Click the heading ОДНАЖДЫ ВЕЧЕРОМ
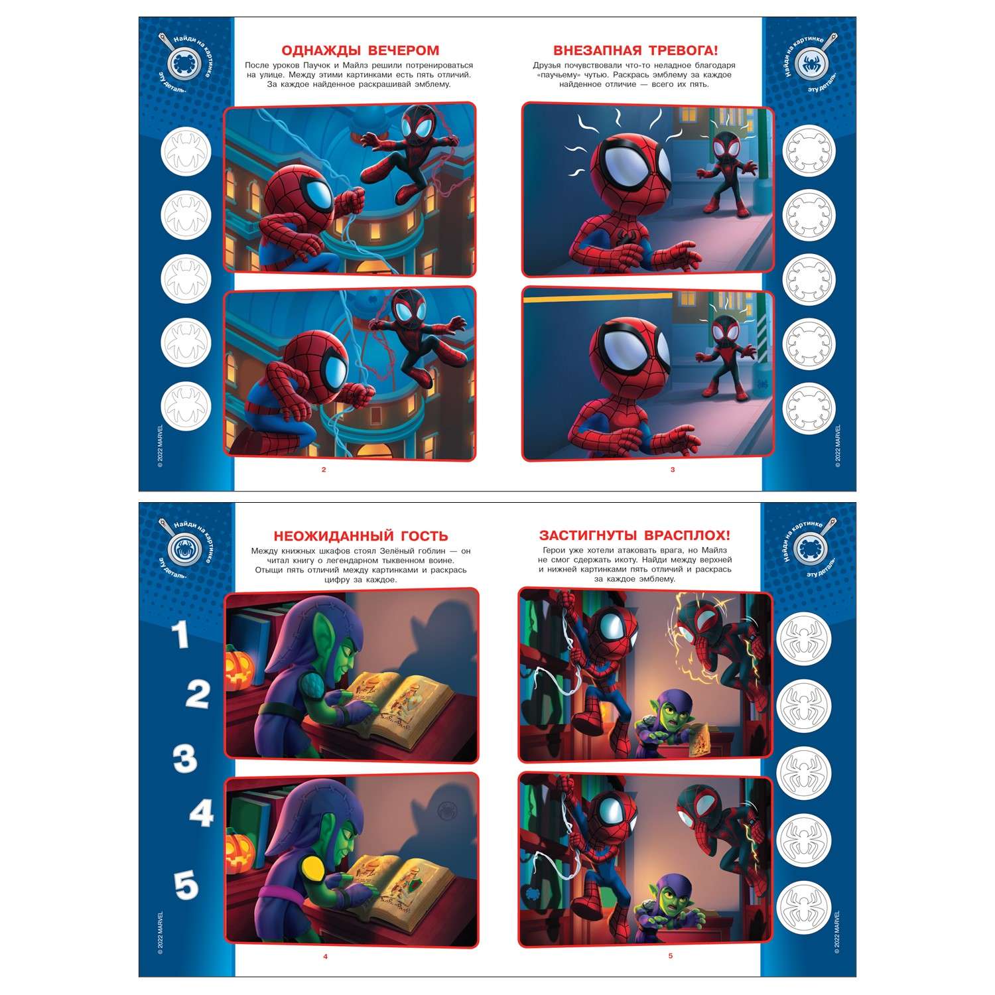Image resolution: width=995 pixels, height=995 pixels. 360,50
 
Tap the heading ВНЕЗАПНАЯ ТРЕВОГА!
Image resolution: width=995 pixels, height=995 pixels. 635,50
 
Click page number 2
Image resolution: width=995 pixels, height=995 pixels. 324,470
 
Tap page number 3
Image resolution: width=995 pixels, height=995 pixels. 672,470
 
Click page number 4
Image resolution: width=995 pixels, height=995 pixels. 325,957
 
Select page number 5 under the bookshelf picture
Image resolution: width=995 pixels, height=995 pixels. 671,957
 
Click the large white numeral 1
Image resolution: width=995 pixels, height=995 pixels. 180,635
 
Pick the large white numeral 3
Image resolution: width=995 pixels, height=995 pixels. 185,759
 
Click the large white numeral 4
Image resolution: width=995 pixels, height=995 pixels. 201,813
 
